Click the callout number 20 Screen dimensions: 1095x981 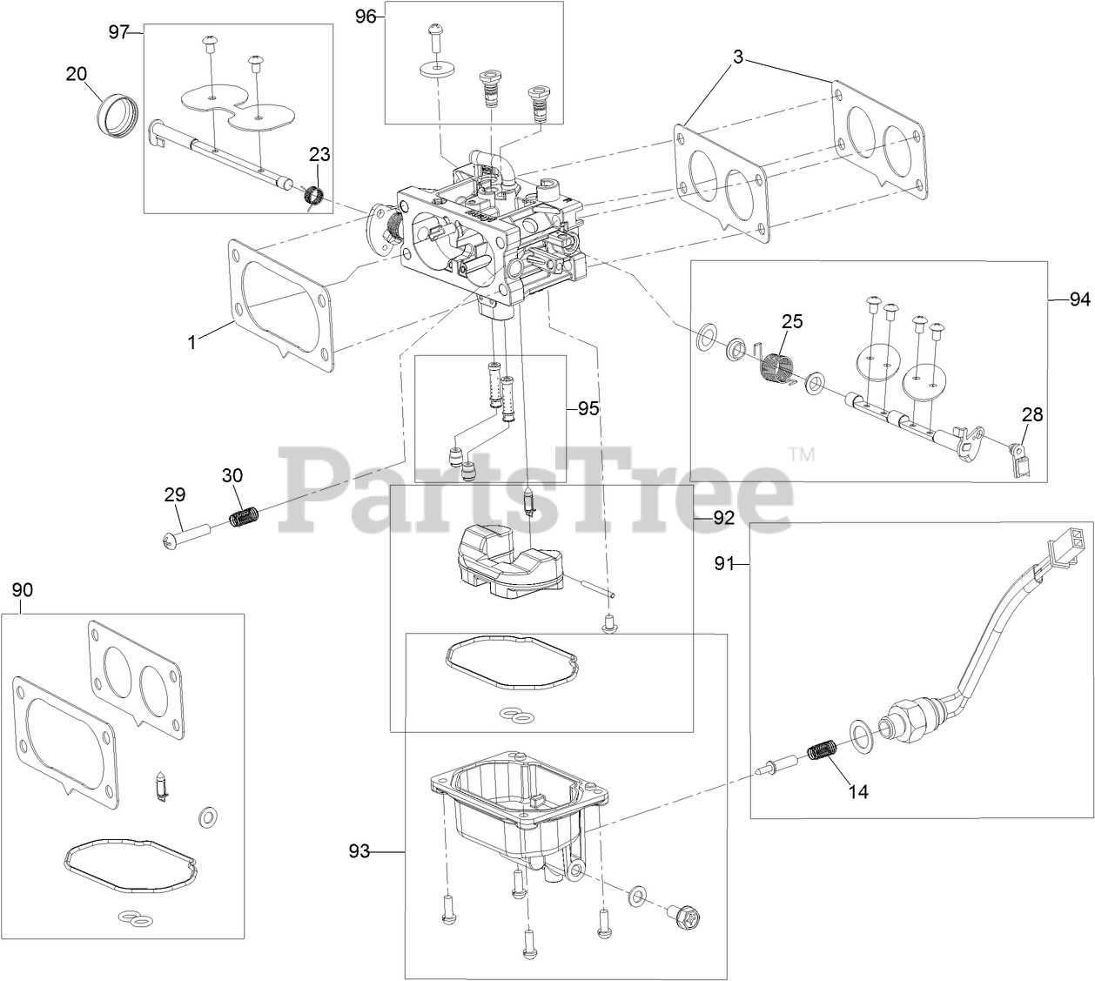pyautogui.click(x=77, y=74)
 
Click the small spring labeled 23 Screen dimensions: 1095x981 pyautogui.click(x=314, y=198)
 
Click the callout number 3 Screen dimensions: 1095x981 pyautogui.click(x=737, y=58)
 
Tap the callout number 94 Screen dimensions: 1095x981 pyautogui.click(x=1079, y=299)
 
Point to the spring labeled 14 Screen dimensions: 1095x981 pyautogui.click(x=823, y=750)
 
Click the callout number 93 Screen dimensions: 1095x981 pyautogui.click(x=359, y=851)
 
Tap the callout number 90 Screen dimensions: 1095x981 pyautogui.click(x=23, y=590)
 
